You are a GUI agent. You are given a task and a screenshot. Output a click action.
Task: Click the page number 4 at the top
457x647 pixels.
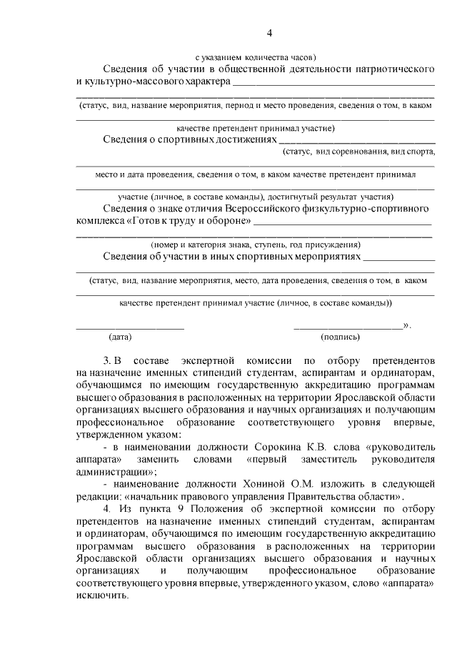click(270, 32)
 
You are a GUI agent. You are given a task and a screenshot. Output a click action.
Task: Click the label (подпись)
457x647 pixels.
click(340, 336)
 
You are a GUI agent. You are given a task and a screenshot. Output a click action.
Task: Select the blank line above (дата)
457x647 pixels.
click(130, 327)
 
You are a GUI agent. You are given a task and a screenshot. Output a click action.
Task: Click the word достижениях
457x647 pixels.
click(237, 139)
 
